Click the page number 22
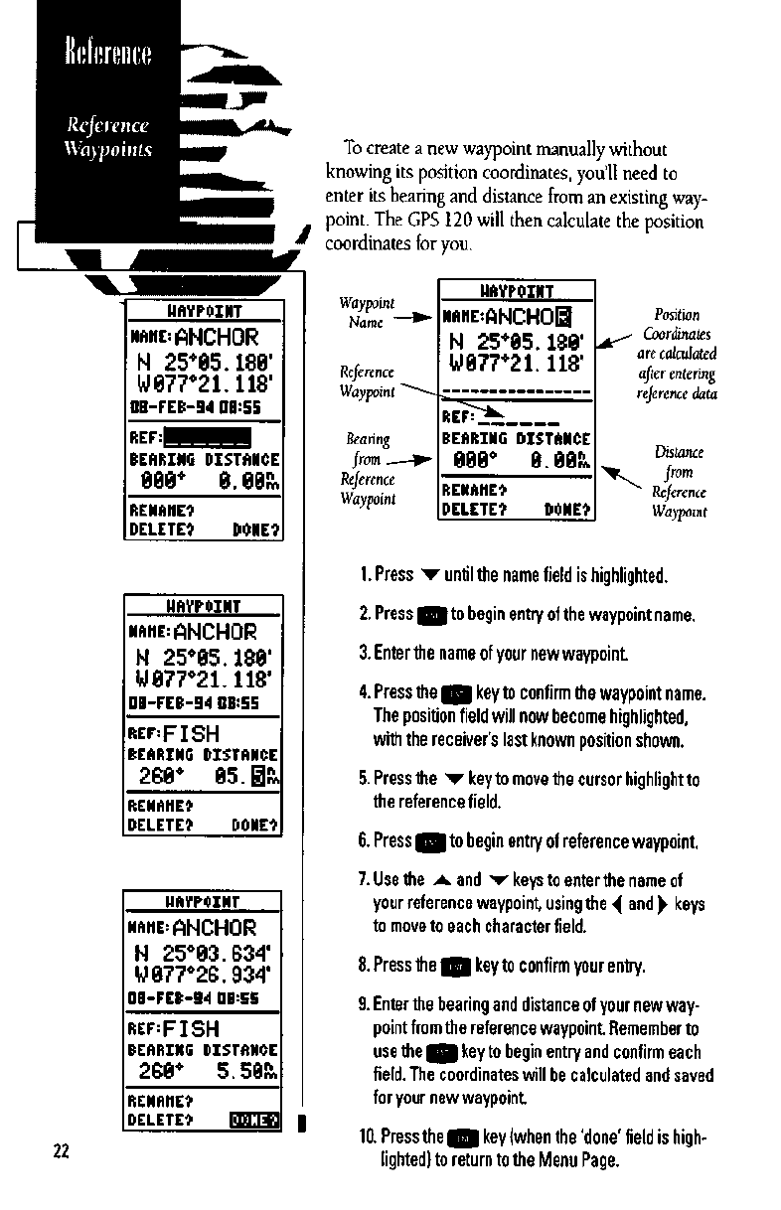[61, 1151]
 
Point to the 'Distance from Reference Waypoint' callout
[680, 484]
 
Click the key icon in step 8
[455, 965]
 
